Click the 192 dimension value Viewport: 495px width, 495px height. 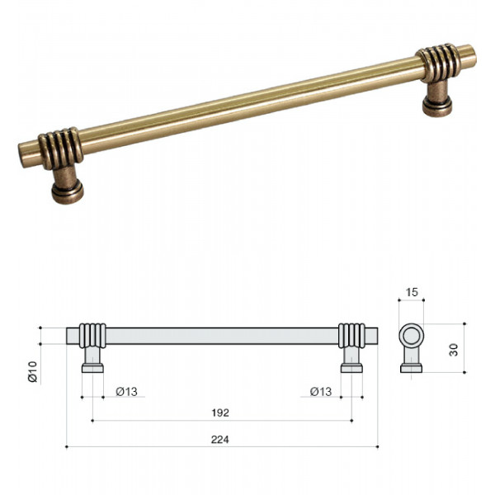[x=220, y=413]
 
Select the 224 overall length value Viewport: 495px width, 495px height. [x=220, y=440]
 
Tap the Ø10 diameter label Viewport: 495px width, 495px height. [x=32, y=371]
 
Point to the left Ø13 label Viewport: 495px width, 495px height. [x=126, y=392]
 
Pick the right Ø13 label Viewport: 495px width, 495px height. [x=321, y=392]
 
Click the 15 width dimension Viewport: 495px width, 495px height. [x=412, y=292]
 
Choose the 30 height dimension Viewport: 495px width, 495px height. [x=453, y=350]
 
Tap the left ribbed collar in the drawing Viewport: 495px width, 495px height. [x=92, y=336]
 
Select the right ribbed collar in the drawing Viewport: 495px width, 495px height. [x=351, y=336]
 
